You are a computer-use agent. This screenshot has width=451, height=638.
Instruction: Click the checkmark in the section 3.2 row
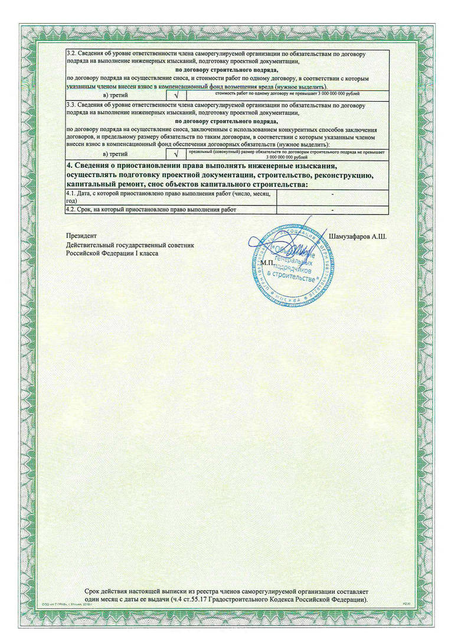pos(177,95)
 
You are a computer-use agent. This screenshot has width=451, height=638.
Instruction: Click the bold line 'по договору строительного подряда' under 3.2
pos(228,70)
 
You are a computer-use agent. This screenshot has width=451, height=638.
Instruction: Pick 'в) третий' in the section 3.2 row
pos(116,95)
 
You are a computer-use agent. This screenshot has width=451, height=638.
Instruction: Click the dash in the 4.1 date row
pos(333,194)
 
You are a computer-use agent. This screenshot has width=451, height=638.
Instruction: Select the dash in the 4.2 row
pos(333,210)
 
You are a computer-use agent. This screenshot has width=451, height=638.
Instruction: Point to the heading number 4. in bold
pos(69,166)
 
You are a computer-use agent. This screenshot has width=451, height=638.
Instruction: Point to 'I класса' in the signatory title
pos(146,253)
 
